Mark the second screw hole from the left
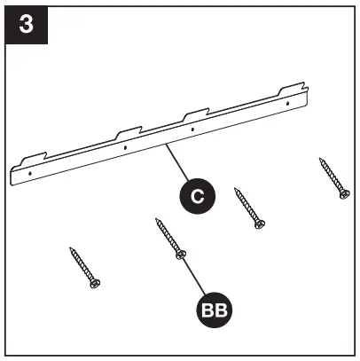[x=125, y=148]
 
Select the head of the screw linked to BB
[x=181, y=255]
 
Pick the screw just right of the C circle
[x=247, y=208]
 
